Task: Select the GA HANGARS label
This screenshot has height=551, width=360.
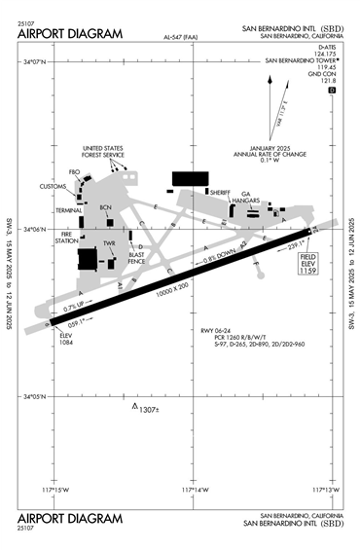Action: [253, 197]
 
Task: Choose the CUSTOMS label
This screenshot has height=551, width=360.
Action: [53, 186]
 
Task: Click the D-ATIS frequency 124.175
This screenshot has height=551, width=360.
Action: [330, 53]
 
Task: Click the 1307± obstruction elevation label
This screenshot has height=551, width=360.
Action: [148, 409]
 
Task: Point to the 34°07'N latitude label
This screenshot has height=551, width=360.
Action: [33, 60]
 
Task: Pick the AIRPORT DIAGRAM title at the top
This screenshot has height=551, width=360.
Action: [70, 34]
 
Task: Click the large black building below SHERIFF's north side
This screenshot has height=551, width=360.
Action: [191, 178]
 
